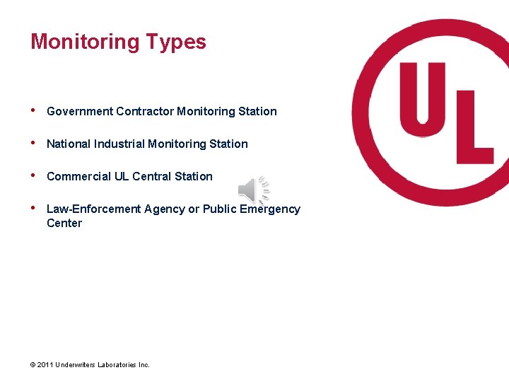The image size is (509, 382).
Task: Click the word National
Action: pyautogui.click(x=69, y=144)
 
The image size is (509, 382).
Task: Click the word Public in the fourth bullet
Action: pyautogui.click(x=219, y=209)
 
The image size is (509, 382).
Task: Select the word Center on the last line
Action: pyautogui.click(x=64, y=223)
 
